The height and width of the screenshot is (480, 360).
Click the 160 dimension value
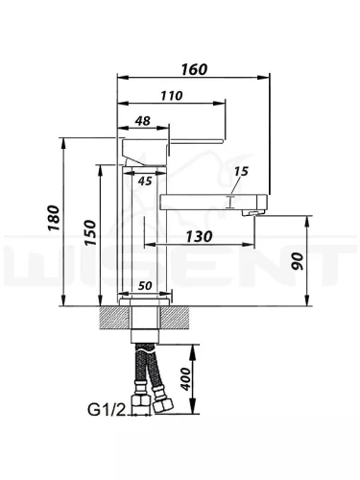(194, 69)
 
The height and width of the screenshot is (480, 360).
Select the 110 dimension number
(172, 96)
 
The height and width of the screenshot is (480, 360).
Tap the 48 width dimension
(142, 121)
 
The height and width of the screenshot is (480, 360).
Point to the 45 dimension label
(145, 181)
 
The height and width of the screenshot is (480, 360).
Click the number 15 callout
(241, 171)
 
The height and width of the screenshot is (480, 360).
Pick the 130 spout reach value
(199, 236)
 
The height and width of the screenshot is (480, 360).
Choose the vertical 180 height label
(54, 218)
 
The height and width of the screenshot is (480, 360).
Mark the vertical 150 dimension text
(90, 232)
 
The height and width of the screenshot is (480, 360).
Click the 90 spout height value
(298, 261)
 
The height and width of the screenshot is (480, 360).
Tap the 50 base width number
(145, 286)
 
